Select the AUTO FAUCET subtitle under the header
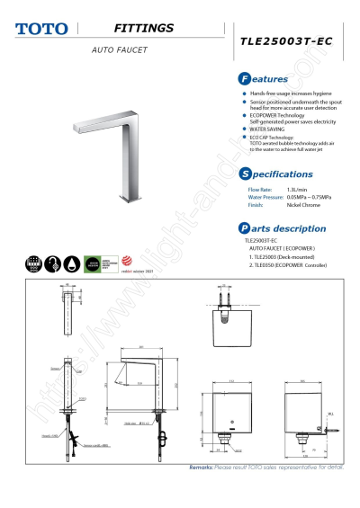coord(119,49)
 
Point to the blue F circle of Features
coord(245,79)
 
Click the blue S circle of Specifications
coord(245,174)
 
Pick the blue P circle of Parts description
coord(245,228)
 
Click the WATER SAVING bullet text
coord(270,129)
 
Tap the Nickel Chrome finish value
coord(303,205)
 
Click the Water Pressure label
coord(265,197)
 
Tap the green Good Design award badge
coord(90,263)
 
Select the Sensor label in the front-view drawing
coord(56,369)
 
